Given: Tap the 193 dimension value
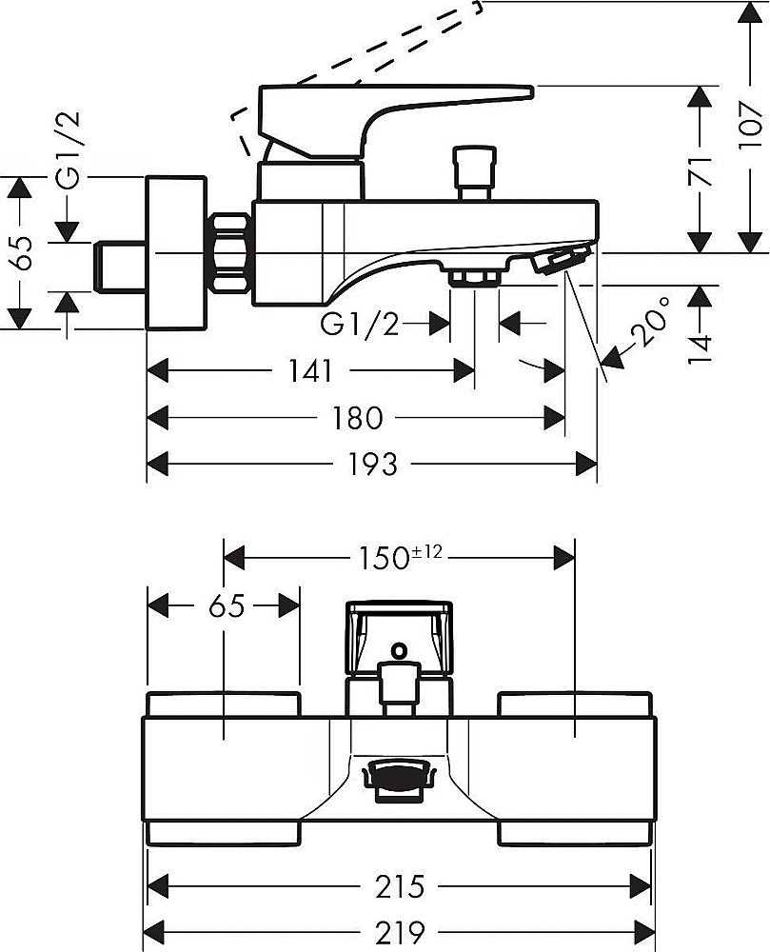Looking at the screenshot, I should pos(372,464).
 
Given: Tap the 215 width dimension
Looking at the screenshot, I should pos(398,886).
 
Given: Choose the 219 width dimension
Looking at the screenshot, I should pos(398,930).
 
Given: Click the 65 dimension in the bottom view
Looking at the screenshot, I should pos(223,605).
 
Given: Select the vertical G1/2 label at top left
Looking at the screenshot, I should pos(69,150).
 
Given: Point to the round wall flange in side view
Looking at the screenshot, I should pos(175,252).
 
